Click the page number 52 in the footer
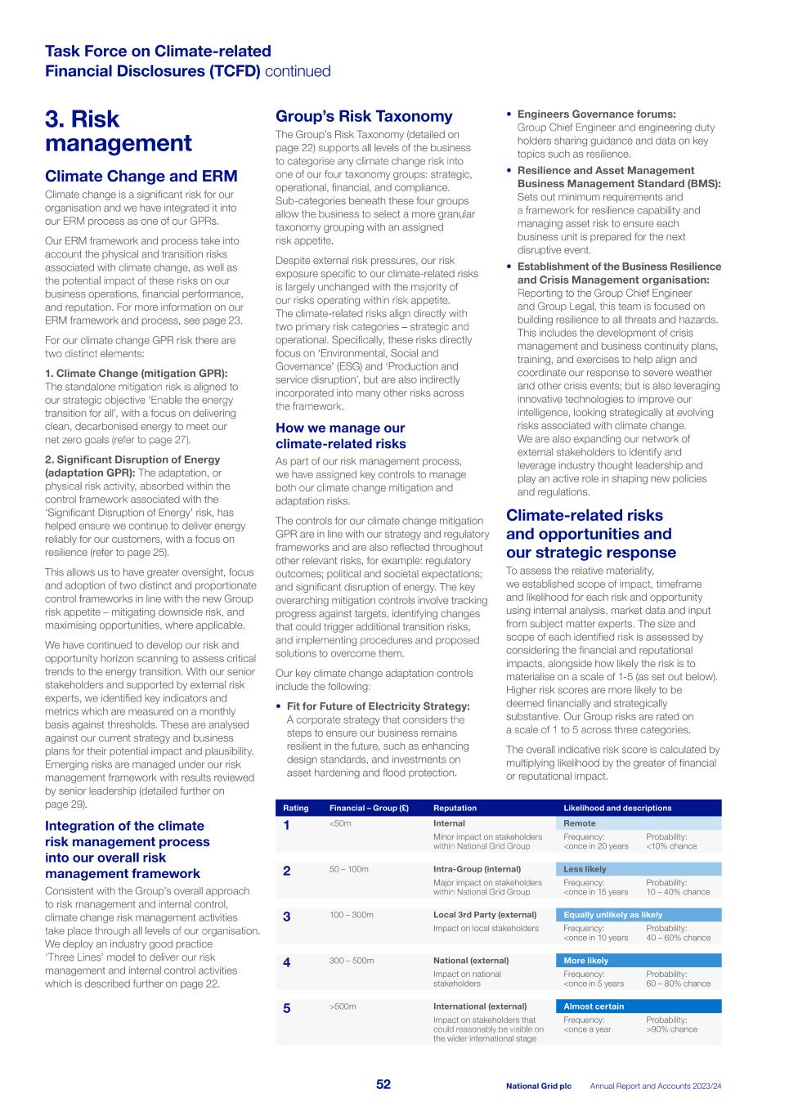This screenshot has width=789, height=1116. click(x=383, y=1084)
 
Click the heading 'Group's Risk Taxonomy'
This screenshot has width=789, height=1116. click(x=364, y=116)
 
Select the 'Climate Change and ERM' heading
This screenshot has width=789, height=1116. click(x=141, y=176)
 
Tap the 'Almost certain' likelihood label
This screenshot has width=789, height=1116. click(x=593, y=1006)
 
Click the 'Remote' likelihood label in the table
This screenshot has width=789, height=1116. click(x=579, y=823)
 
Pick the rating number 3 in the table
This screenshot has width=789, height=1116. click(x=286, y=917)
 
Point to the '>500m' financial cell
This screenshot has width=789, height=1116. click(x=343, y=1006)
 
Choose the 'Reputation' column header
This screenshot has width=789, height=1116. click(x=455, y=808)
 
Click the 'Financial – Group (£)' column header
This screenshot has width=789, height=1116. click(x=369, y=808)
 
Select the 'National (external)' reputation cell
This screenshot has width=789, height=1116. click(x=470, y=961)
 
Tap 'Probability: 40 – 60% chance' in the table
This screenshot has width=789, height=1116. click(x=678, y=933)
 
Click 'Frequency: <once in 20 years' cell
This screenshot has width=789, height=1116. click(x=595, y=841)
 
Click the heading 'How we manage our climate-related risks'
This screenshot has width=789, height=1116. click(x=340, y=436)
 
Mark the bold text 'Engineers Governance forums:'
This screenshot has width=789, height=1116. click(x=596, y=114)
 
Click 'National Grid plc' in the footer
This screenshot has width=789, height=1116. click(x=538, y=1086)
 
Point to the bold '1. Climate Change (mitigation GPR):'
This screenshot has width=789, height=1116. click(x=136, y=373)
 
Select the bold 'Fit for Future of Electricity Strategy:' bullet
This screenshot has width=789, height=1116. click(x=378, y=706)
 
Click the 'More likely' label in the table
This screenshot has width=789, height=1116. click(x=585, y=961)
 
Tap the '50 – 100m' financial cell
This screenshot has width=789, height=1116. click(x=348, y=869)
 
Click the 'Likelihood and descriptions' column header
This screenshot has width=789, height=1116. click(x=617, y=808)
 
